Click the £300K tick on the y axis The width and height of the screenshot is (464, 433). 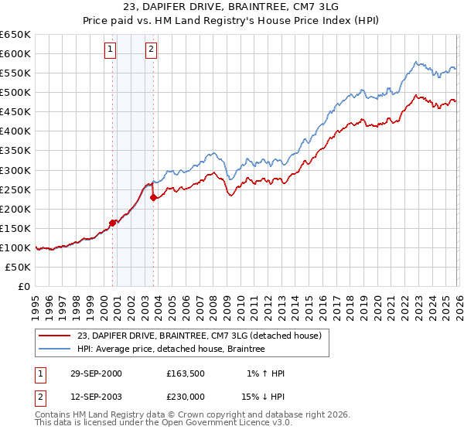[15, 170]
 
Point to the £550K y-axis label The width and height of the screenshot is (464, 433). [15, 73]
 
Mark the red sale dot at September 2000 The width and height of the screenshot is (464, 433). [113, 223]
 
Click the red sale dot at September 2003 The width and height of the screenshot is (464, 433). [153, 197]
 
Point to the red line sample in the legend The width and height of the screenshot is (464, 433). [56, 335]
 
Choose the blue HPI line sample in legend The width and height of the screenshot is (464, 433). [56, 349]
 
